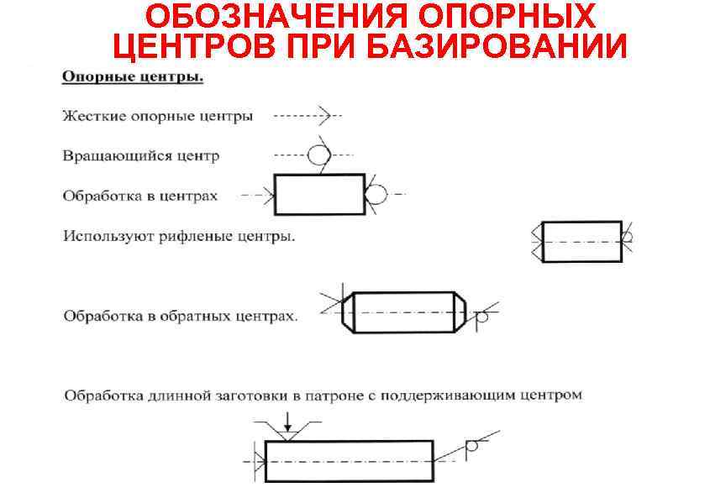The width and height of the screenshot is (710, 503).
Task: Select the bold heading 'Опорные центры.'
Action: click(x=133, y=78)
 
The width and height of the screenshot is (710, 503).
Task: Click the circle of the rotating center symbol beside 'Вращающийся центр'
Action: click(x=318, y=155)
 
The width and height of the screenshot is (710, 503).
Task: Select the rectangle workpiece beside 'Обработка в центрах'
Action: click(x=319, y=195)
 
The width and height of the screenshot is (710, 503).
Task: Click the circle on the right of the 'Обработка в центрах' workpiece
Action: click(x=376, y=194)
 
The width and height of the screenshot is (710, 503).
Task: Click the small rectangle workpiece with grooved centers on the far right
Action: click(x=582, y=241)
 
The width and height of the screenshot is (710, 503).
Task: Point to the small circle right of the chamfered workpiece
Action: click(x=481, y=317)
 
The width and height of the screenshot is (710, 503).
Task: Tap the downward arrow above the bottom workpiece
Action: click(x=287, y=420)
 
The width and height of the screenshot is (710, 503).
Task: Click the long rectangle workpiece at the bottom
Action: click(x=349, y=461)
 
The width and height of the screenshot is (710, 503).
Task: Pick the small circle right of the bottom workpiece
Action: click(x=471, y=447)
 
